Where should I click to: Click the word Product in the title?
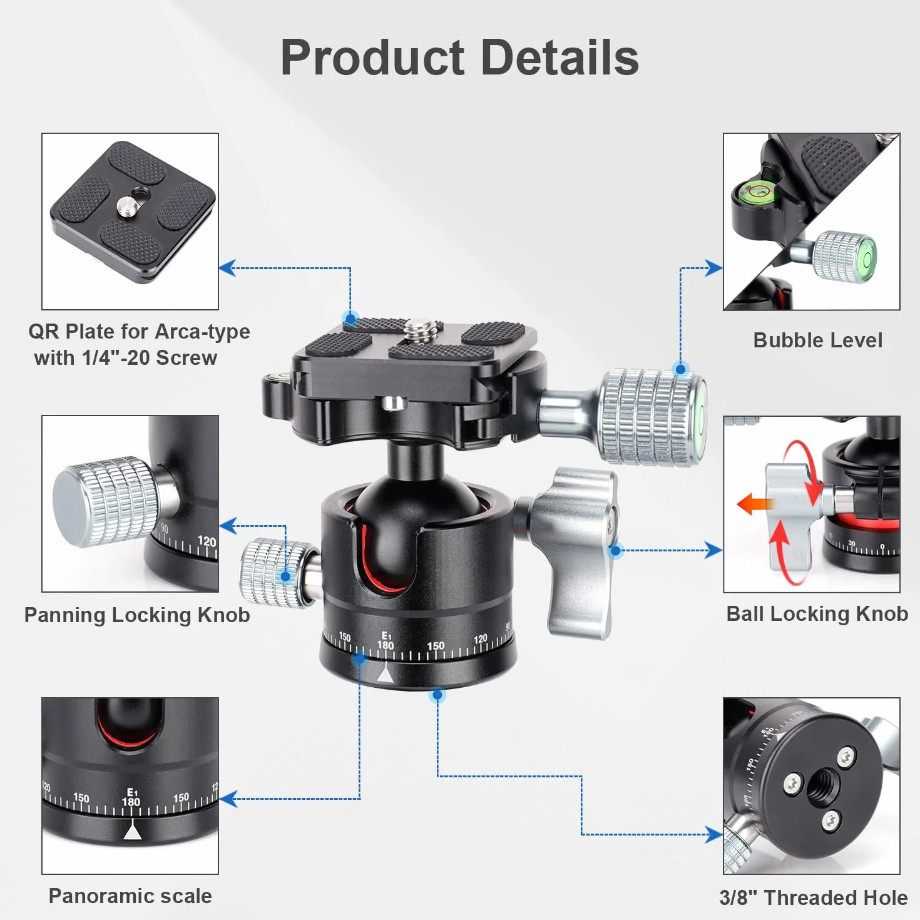coord(372,58)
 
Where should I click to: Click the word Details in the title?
coord(560,58)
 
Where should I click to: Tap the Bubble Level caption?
coord(818,340)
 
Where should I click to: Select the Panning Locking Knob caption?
coord(137,615)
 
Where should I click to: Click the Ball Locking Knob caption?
coord(817,614)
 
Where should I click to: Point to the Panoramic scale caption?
coord(130,896)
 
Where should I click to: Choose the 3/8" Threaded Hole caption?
coord(814,897)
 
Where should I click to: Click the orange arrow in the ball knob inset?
coord(755,504)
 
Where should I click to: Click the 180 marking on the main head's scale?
coord(386,646)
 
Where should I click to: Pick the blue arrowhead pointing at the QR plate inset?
coord(228,268)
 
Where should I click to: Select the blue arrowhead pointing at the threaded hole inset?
coord(713,834)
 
